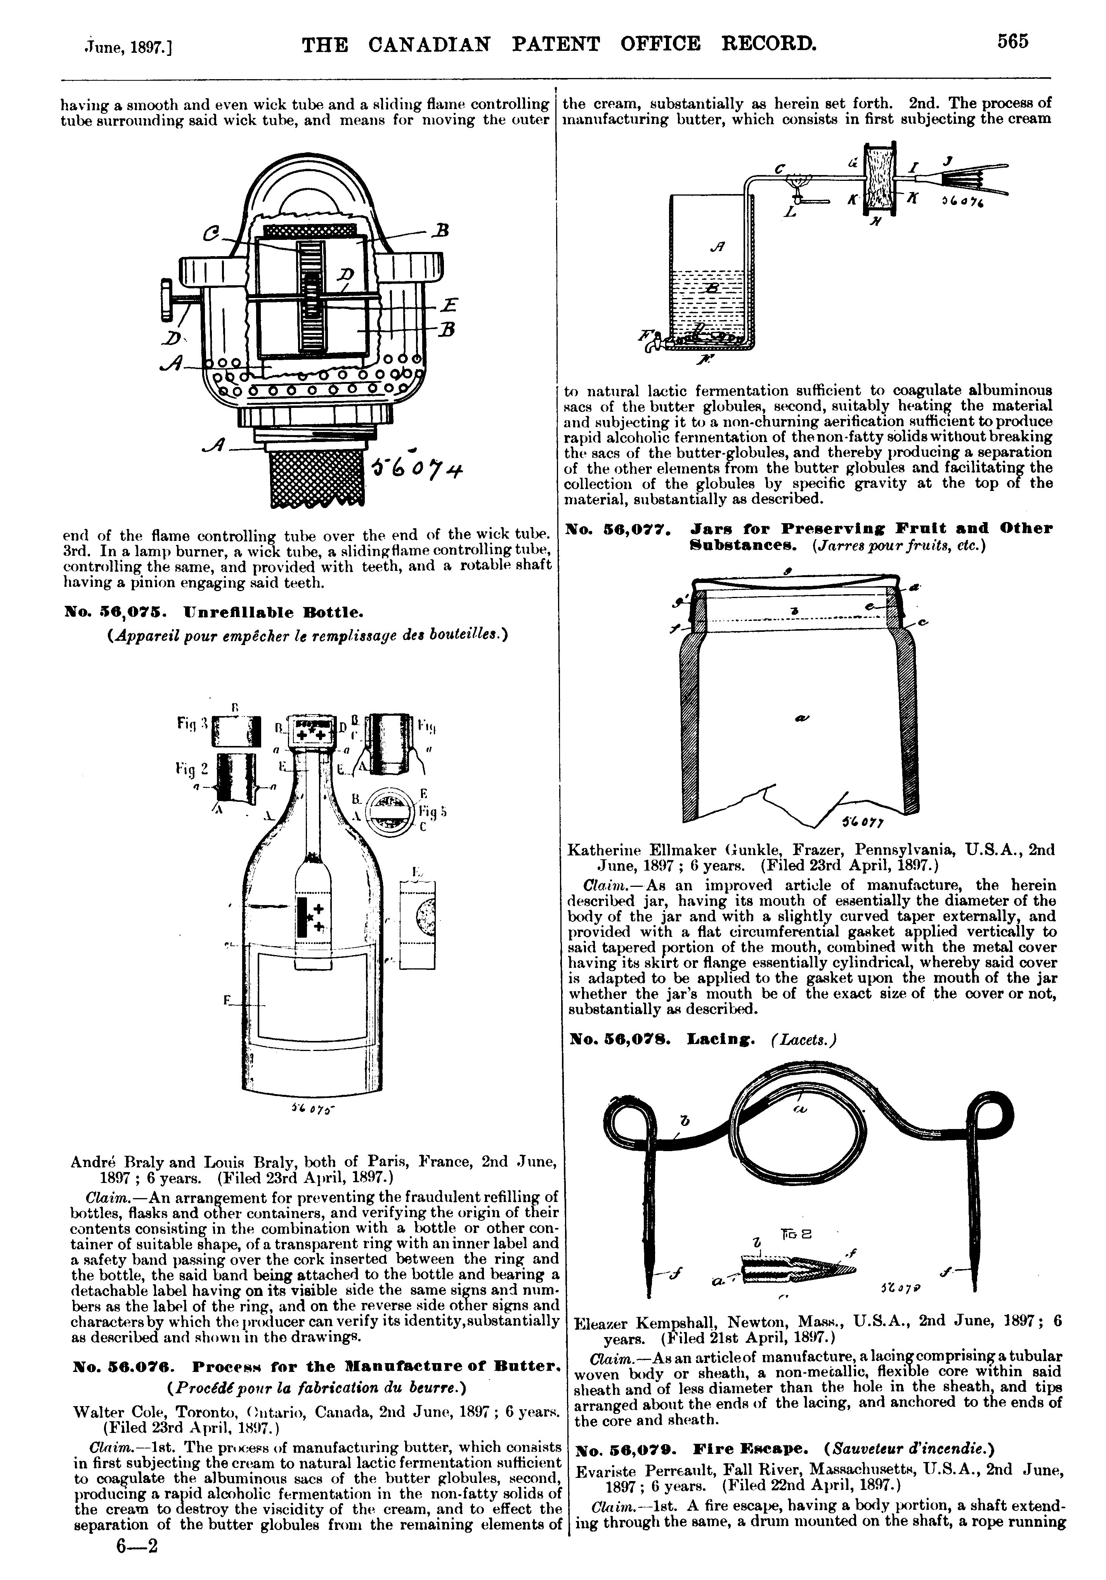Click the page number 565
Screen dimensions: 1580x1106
1013,43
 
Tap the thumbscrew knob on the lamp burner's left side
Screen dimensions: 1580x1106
166,299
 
